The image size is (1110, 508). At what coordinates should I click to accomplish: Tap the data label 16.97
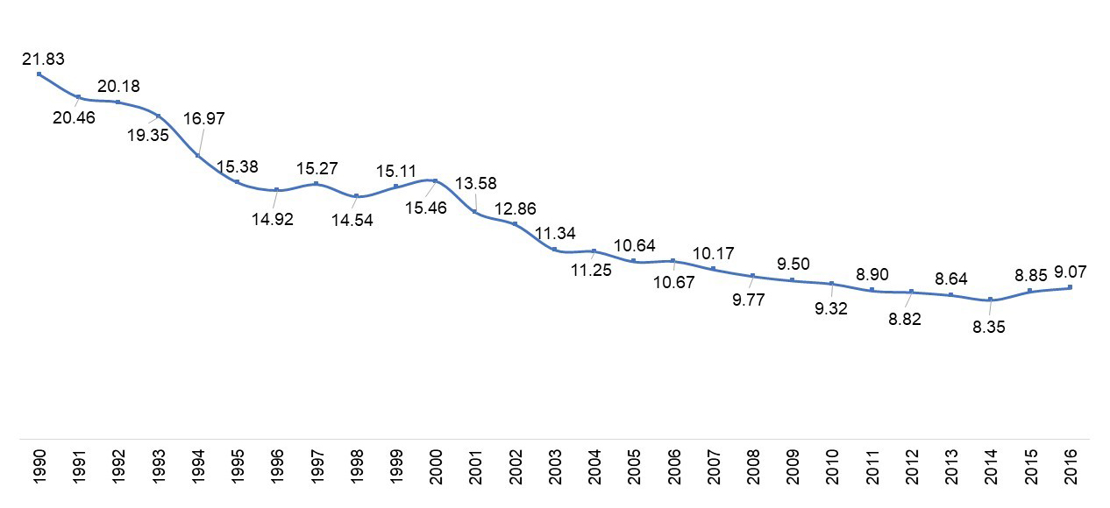[204, 118]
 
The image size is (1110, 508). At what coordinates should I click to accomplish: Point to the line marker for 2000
[435, 180]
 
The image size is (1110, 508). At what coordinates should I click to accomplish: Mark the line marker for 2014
[991, 300]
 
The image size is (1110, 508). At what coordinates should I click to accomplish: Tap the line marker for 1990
[39, 74]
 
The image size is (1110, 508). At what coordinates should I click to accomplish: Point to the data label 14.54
[352, 220]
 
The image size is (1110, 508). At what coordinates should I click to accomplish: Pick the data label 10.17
[713, 255]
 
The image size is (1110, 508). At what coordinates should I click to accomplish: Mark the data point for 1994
[197, 155]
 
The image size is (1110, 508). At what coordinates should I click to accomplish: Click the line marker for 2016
[1070, 287]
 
